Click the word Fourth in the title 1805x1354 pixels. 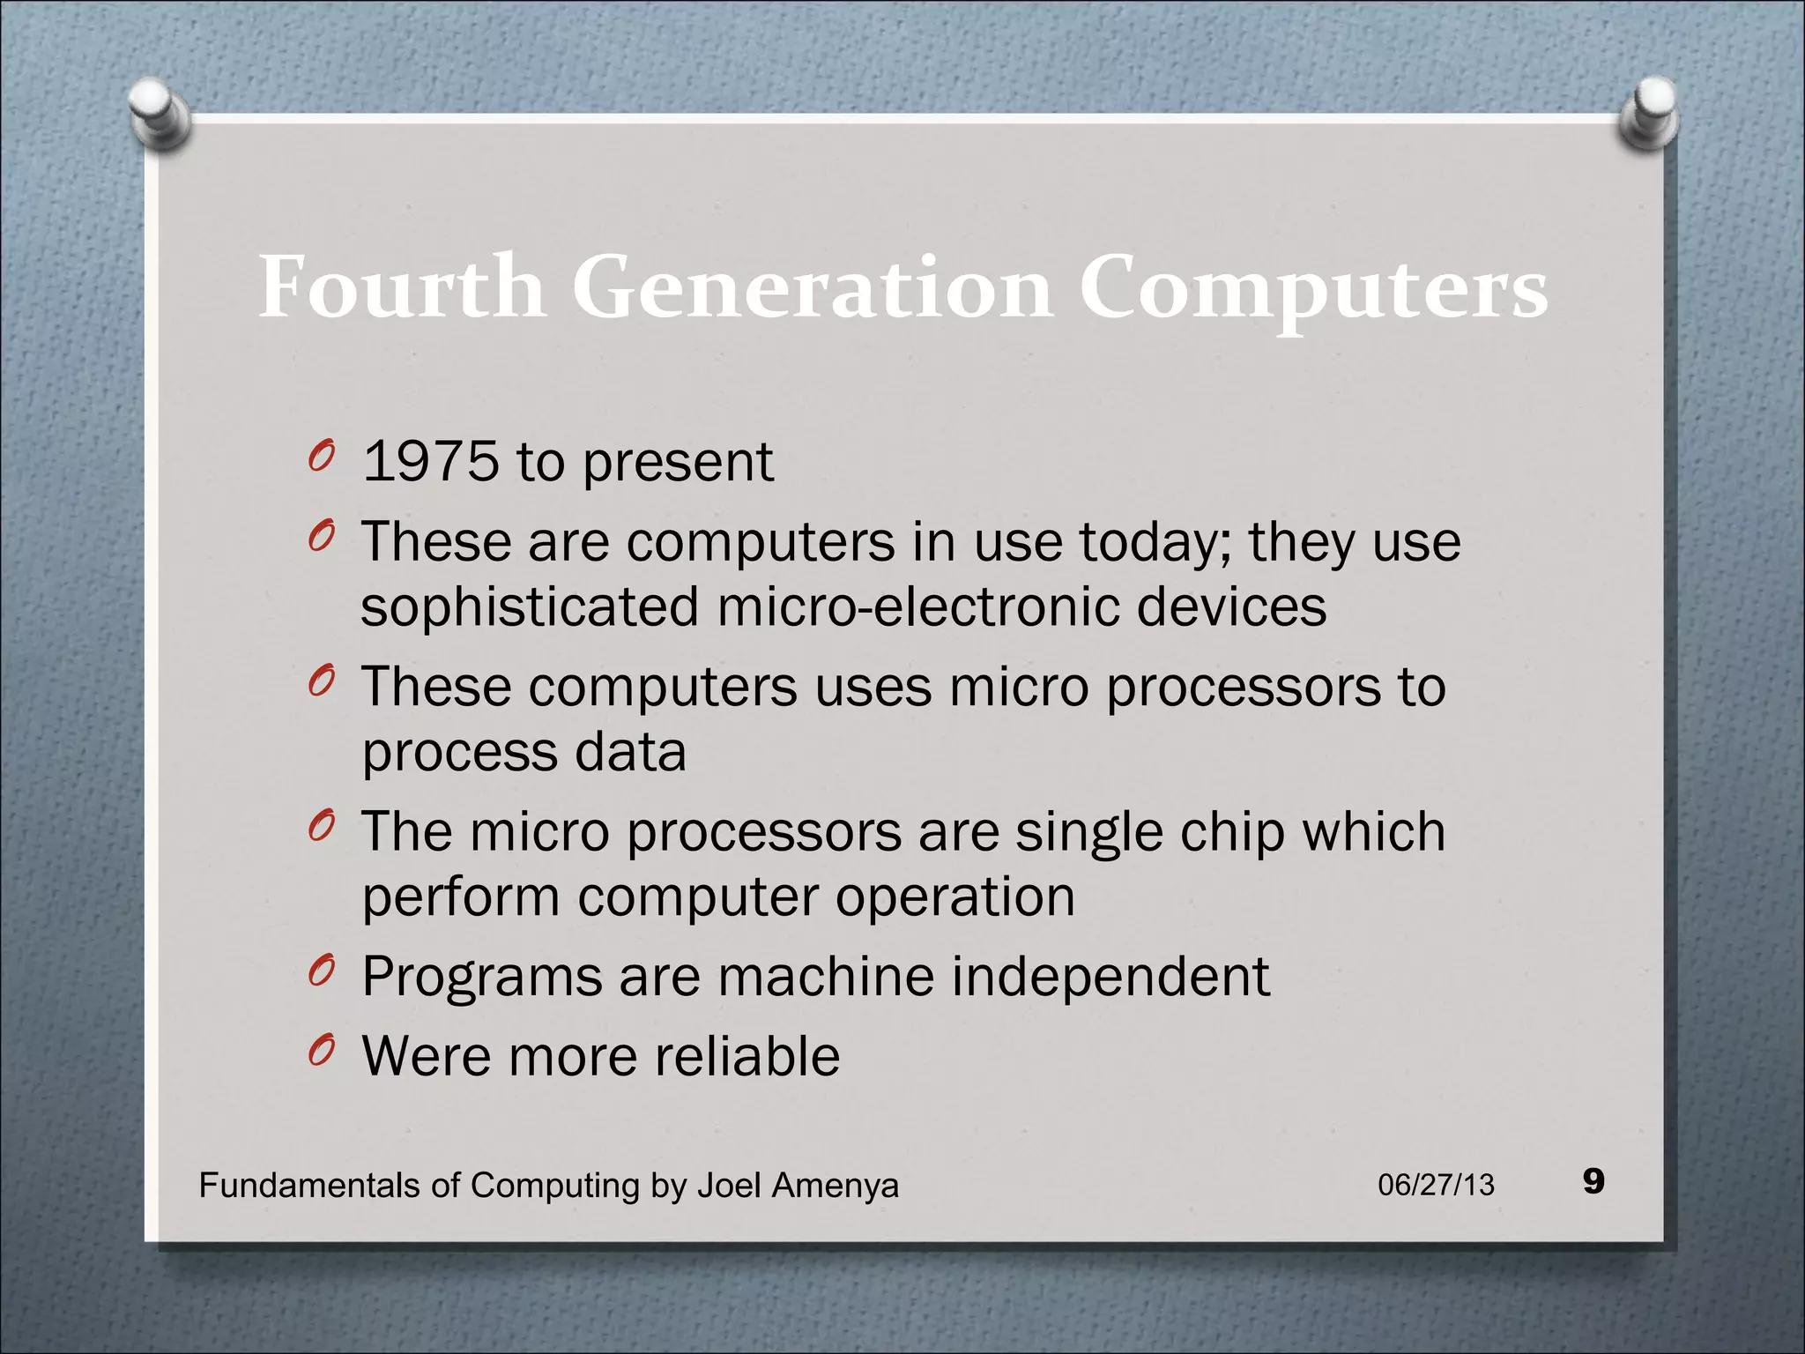(x=402, y=287)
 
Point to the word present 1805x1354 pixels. (x=678, y=464)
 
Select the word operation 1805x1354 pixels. (x=955, y=897)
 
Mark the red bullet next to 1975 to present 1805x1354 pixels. (x=322, y=456)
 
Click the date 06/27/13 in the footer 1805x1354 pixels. (x=1436, y=1185)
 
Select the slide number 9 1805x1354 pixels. (x=1593, y=1181)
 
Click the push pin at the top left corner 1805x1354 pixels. (x=159, y=112)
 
